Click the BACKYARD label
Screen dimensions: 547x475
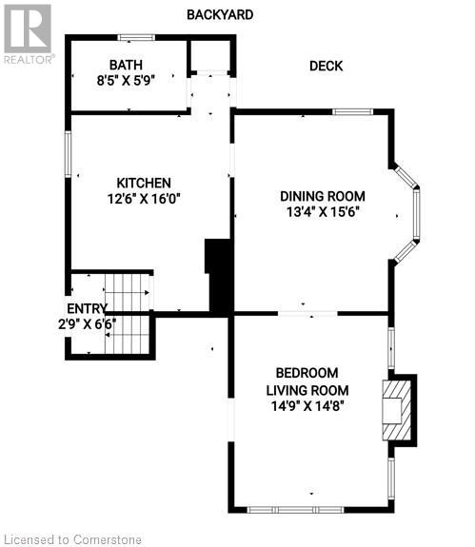click(220, 14)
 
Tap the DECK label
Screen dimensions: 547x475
click(326, 66)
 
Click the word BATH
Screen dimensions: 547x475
click(125, 65)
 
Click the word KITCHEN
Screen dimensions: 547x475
click(144, 183)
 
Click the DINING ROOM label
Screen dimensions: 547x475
click(323, 196)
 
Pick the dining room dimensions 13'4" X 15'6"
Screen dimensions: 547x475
click(323, 211)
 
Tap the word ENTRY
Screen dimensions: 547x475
click(87, 308)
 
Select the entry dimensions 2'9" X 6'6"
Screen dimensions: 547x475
click(87, 323)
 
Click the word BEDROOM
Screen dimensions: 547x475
click(307, 373)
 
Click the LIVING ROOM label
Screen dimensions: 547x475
click(307, 389)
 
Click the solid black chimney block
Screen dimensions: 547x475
click(219, 276)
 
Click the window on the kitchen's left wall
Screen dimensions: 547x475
click(68, 153)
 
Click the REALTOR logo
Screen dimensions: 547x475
click(28, 32)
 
